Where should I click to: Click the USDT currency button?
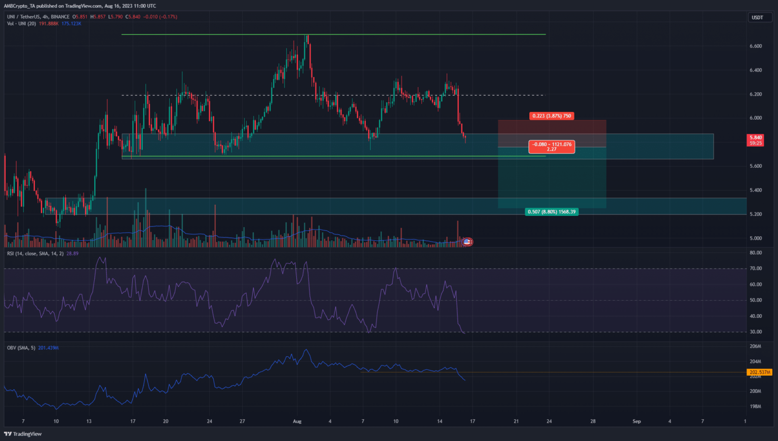[757, 17]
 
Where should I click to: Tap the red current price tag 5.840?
[756, 138]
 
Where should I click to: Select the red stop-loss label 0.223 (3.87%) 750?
[552, 116]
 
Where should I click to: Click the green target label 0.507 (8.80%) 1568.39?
[552, 212]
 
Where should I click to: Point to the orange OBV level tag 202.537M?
[760, 373]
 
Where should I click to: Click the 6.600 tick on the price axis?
[756, 46]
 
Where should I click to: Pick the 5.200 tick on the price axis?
[756, 214]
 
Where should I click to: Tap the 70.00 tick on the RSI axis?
[756, 269]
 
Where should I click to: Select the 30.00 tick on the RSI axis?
[756, 332]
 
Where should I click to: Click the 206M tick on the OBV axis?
[756, 346]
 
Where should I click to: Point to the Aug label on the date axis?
[297, 421]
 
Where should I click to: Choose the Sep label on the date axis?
[637, 421]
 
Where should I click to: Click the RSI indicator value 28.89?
[72, 253]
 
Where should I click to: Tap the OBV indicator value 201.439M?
[49, 348]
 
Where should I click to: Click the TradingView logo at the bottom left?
[23, 434]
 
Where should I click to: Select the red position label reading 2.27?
[552, 150]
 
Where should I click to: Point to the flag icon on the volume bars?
[467, 242]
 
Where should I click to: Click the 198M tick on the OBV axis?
[756, 407]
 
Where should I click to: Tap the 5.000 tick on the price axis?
[756, 238]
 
